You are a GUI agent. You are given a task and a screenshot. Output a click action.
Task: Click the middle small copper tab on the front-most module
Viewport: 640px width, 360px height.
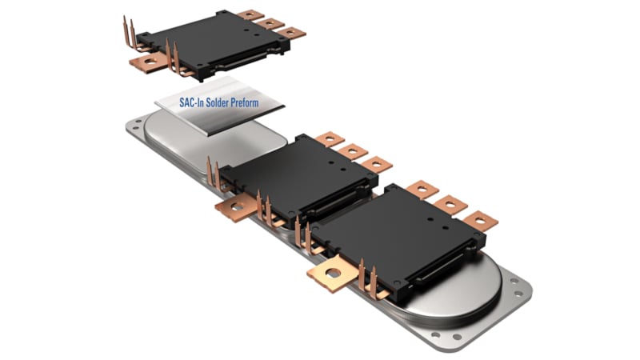coord(450,204)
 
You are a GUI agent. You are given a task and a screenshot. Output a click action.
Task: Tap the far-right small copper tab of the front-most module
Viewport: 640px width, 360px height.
coord(480,220)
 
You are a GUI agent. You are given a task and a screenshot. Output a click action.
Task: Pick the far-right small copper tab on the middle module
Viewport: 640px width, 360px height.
coord(375,165)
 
